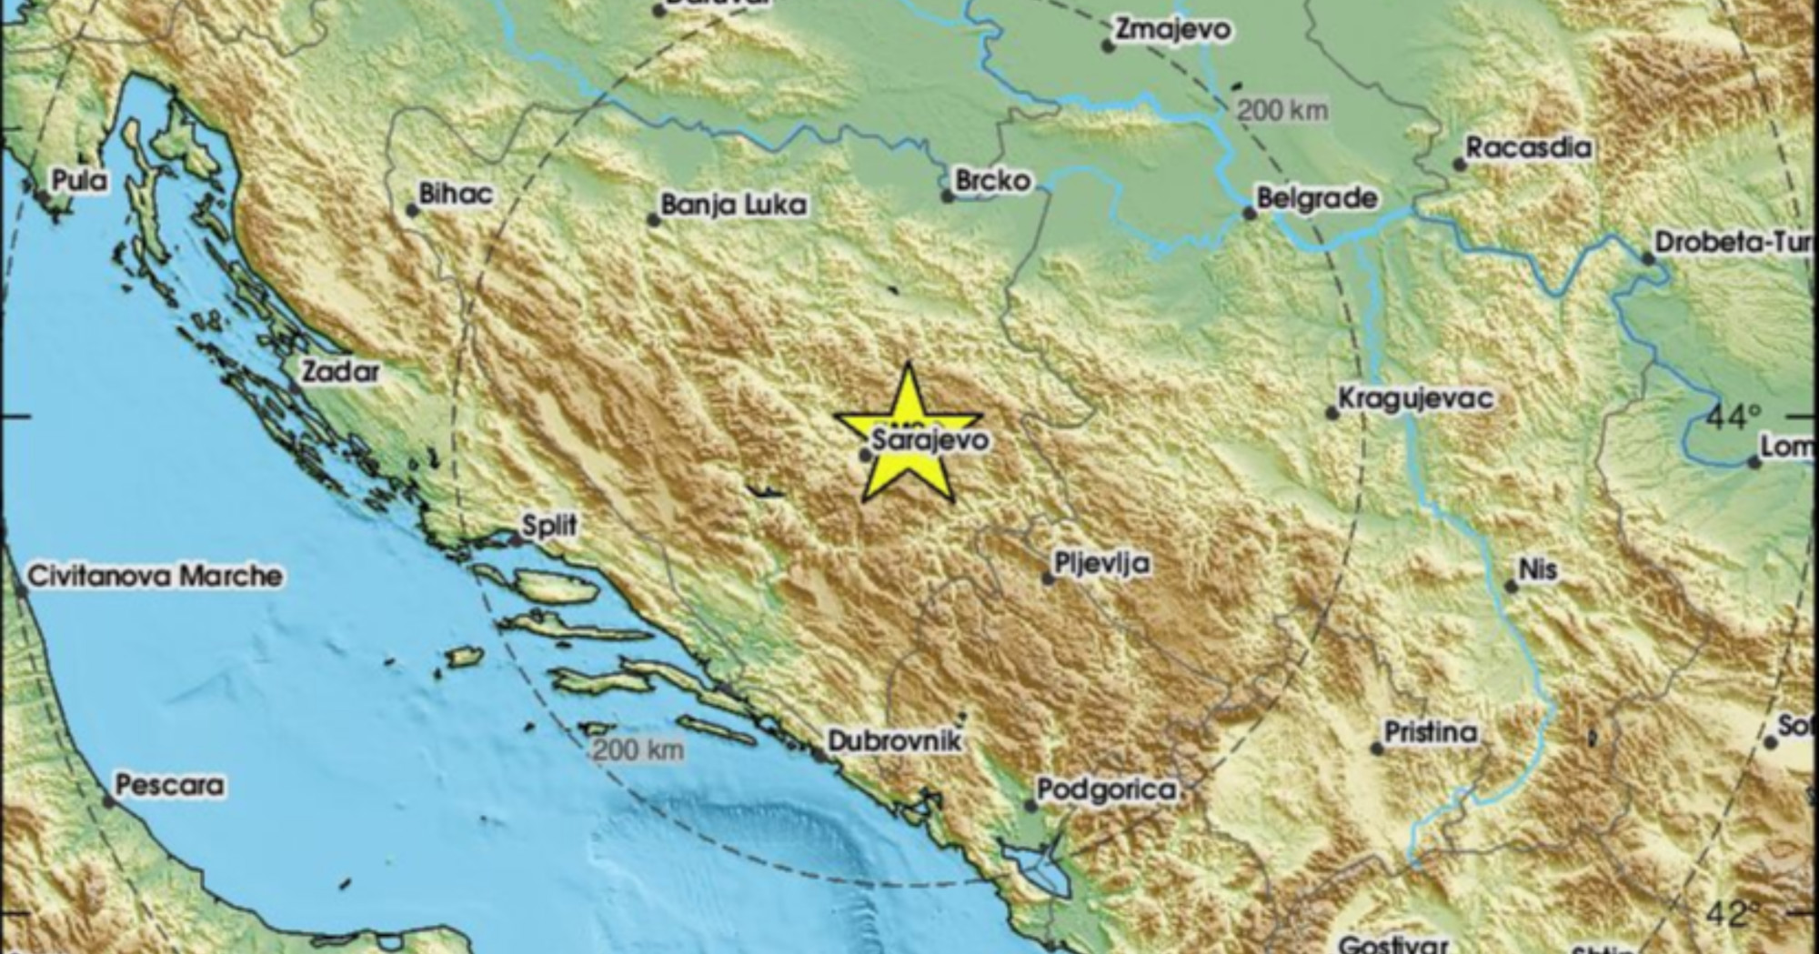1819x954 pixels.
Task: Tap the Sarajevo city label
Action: pos(930,440)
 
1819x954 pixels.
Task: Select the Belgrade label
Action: pos(1316,198)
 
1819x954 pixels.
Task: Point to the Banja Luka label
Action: pos(733,205)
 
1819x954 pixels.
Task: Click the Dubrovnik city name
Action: pos(895,742)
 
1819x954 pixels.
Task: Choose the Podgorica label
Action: pos(1107,789)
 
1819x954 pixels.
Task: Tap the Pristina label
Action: pos(1430,732)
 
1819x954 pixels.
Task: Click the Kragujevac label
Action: pos(1415,398)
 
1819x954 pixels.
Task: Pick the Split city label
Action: pos(549,526)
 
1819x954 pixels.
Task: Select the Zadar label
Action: pos(340,372)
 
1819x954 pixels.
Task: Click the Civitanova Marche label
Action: pos(155,576)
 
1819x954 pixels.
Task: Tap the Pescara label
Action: pos(169,785)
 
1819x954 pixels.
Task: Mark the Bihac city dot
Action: pos(412,211)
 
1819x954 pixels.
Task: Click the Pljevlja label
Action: pos(1101,564)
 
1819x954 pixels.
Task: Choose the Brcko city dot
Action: pos(948,196)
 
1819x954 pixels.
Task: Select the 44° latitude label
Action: pos(1732,417)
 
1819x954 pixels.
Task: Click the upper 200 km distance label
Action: pos(1282,111)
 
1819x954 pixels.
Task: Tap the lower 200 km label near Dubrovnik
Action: pos(638,750)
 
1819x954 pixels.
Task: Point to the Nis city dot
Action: pos(1511,587)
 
